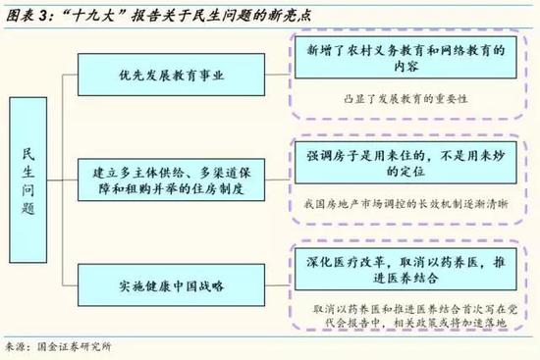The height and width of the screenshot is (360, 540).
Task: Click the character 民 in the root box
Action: coord(31,155)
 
